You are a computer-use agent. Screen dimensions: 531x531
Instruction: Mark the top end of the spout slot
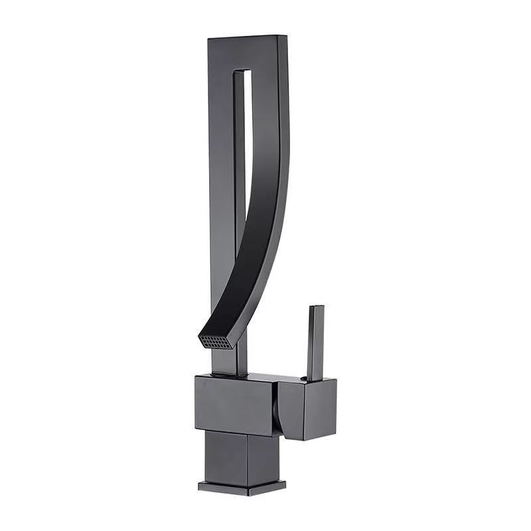tap(242, 71)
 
